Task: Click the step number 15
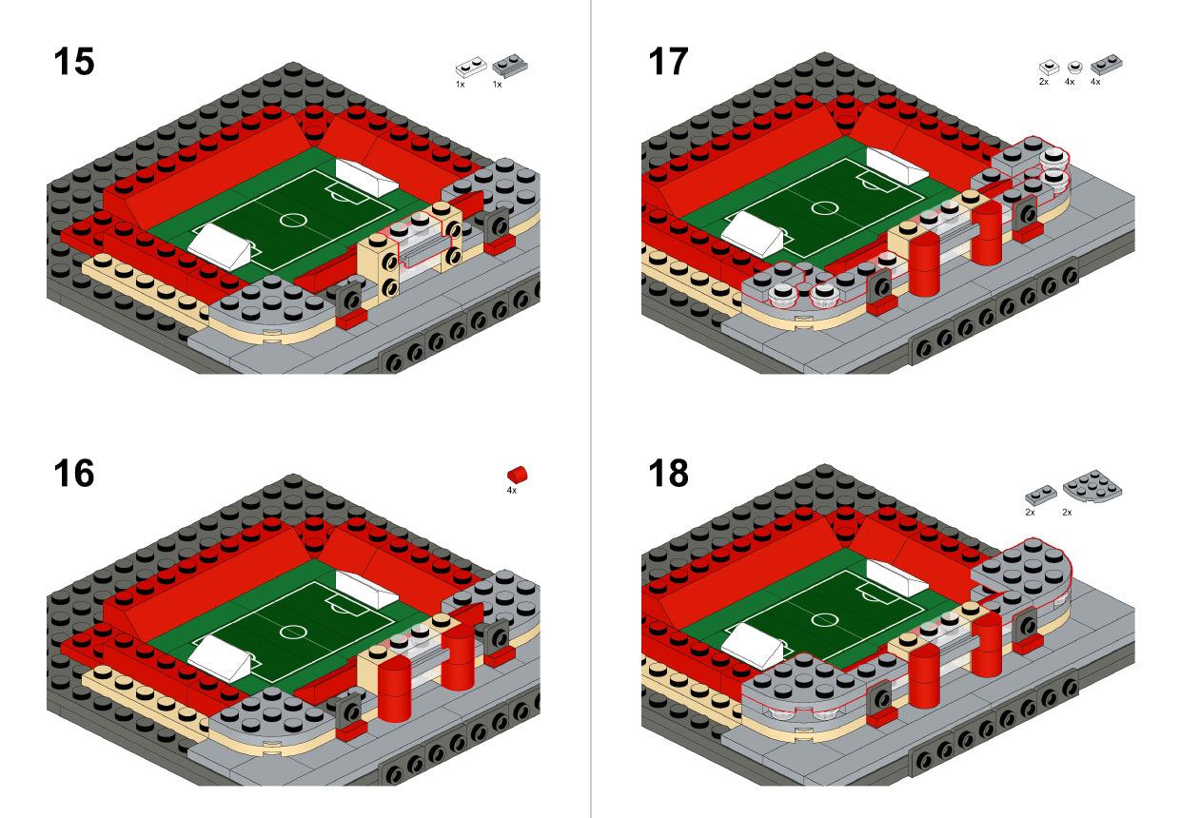(x=74, y=62)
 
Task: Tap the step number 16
(x=74, y=474)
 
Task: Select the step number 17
(x=668, y=62)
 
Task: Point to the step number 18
(x=668, y=474)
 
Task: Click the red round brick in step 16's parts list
(x=518, y=475)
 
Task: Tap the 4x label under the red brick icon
(x=512, y=491)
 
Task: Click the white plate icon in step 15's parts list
(x=471, y=68)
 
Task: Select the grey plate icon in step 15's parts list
(x=509, y=66)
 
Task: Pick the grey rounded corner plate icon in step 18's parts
(x=1092, y=486)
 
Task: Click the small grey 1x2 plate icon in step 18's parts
(x=1041, y=495)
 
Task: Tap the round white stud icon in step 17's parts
(x=1074, y=67)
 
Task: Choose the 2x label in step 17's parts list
(x=1044, y=82)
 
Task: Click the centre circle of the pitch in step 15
(x=293, y=220)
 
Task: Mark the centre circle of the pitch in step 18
(x=824, y=619)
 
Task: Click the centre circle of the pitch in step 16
(x=293, y=632)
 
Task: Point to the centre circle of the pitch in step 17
(x=824, y=208)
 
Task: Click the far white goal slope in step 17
(x=896, y=166)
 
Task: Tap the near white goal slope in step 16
(x=220, y=658)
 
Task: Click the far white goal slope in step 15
(x=366, y=178)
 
